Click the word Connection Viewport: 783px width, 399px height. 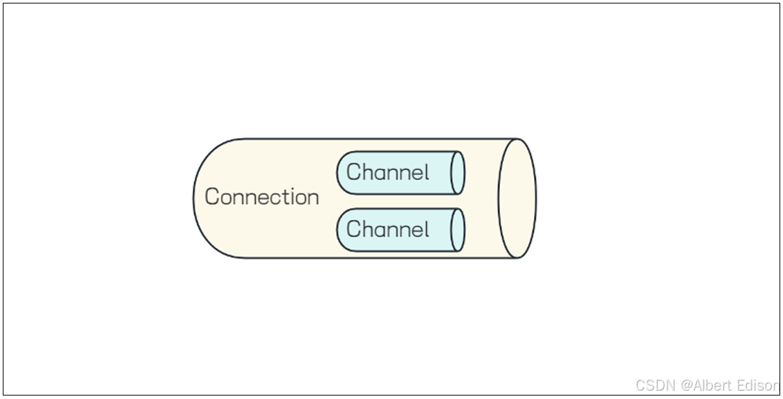coord(262,197)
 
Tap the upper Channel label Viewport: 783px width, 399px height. coord(387,172)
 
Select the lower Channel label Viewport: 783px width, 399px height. coord(387,229)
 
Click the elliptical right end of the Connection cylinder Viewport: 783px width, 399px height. coord(517,198)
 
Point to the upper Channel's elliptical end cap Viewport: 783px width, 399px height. coord(458,173)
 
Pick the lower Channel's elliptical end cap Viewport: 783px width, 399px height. coord(458,230)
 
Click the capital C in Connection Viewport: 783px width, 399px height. coord(212,197)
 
